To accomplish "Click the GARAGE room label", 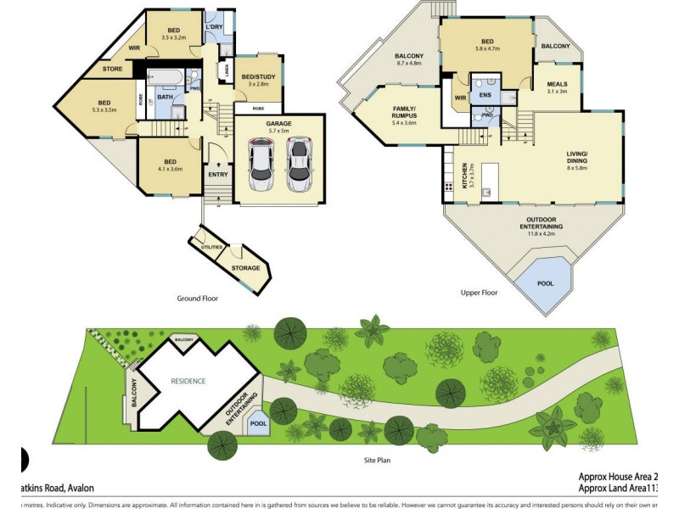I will pos(278,123).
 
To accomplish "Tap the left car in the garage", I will pos(261,165).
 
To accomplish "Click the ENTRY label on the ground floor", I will pos(216,176).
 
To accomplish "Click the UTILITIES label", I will pos(212,247).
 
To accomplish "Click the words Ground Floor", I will pos(198,298).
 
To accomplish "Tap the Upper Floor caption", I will pos(478,292).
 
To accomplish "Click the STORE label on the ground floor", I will pos(112,69).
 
